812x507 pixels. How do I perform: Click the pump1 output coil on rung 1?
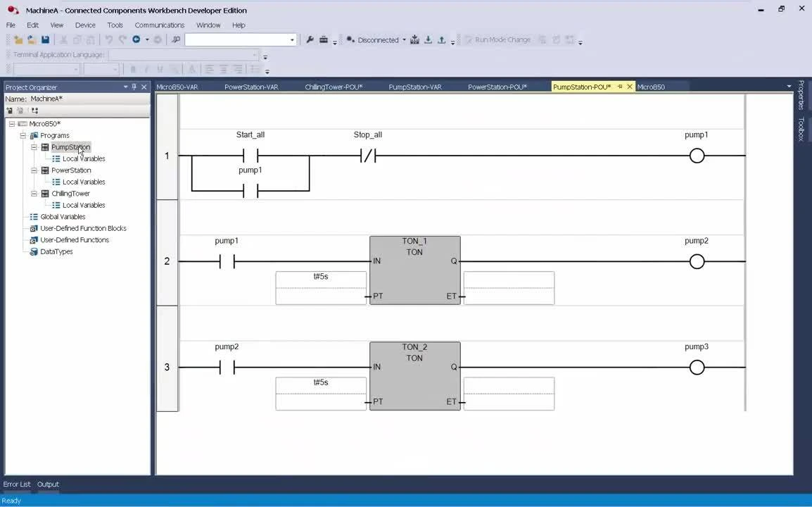click(x=697, y=156)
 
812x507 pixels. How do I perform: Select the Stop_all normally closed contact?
click(x=367, y=156)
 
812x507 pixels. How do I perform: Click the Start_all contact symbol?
click(x=250, y=156)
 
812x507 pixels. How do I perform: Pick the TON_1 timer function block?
click(x=414, y=270)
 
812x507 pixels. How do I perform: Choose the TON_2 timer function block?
click(x=414, y=376)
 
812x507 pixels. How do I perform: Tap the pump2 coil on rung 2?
click(x=697, y=261)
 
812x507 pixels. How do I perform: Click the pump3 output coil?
click(x=697, y=367)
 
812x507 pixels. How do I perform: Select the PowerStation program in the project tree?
click(x=71, y=170)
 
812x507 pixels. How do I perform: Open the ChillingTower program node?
click(x=70, y=194)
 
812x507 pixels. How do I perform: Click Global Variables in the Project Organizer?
click(x=63, y=217)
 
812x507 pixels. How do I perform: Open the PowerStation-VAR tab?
click(x=251, y=87)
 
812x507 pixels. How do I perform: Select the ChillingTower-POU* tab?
click(x=334, y=87)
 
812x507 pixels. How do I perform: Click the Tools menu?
click(x=115, y=25)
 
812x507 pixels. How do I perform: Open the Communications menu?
click(x=159, y=25)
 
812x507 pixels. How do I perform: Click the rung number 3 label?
click(x=167, y=367)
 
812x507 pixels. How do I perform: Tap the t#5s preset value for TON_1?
click(x=321, y=277)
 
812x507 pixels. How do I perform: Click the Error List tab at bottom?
click(x=17, y=484)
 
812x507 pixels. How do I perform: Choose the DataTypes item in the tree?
click(x=56, y=251)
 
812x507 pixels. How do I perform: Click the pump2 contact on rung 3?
click(x=227, y=367)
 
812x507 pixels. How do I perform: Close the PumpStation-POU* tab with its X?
click(x=630, y=87)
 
